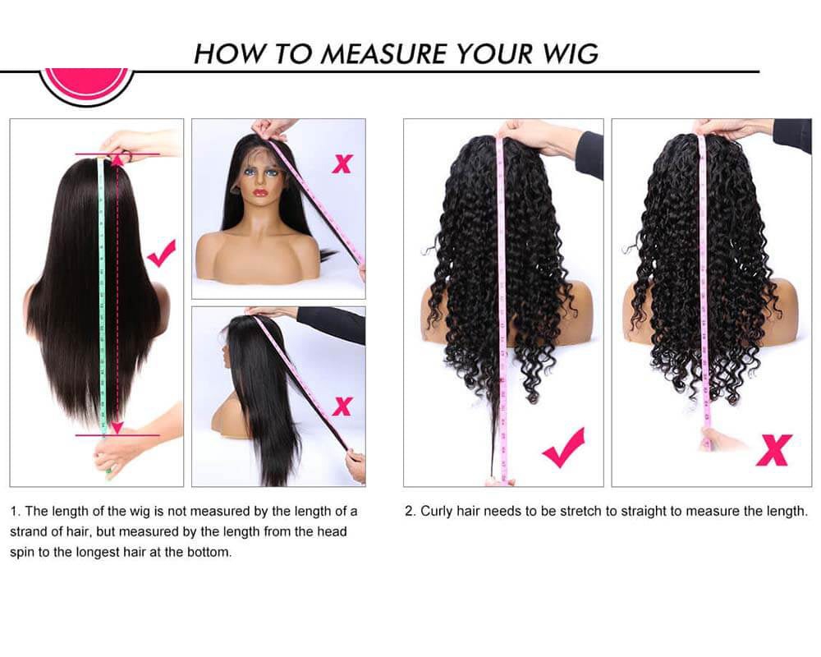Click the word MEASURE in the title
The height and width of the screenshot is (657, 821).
(x=383, y=53)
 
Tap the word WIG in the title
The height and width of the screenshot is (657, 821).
(x=566, y=53)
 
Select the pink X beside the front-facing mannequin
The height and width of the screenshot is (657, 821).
(x=342, y=163)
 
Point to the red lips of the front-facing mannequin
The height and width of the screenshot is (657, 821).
(x=260, y=193)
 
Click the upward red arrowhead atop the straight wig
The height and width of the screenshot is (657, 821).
(x=117, y=160)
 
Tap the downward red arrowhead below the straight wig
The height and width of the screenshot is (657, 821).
(x=117, y=427)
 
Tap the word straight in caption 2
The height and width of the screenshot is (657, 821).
(x=643, y=511)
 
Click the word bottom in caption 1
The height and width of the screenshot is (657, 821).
(x=209, y=552)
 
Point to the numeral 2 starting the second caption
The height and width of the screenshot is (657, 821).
(x=409, y=511)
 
